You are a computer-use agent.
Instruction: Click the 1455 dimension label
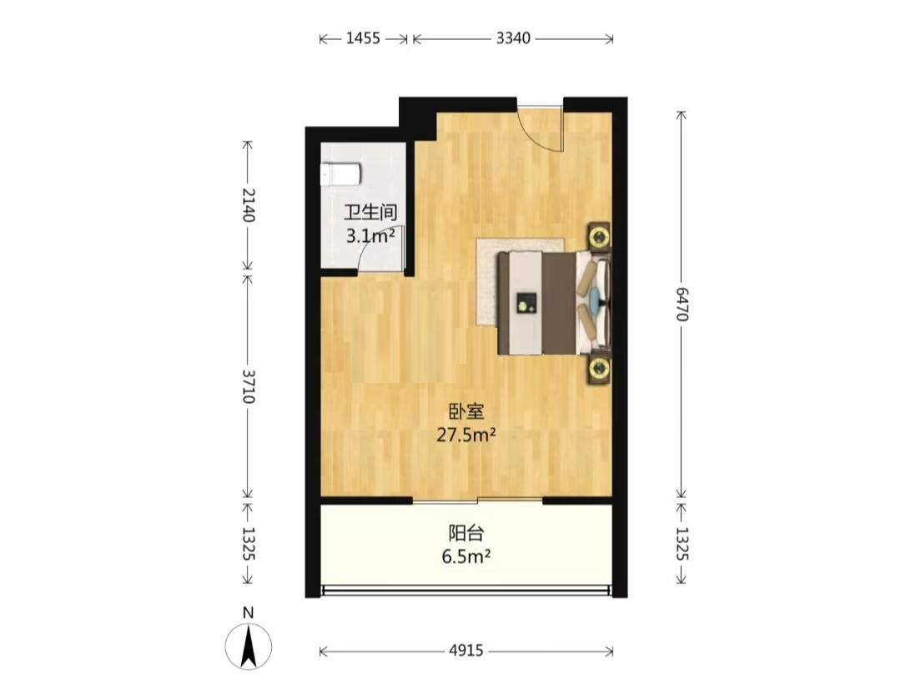(x=363, y=38)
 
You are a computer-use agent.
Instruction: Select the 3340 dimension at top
(x=513, y=38)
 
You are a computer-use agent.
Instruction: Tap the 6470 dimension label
(x=682, y=304)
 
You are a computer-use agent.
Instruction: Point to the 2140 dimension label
(x=249, y=204)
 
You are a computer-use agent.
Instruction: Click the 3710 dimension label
(x=249, y=386)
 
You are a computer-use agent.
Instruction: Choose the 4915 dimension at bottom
(x=466, y=651)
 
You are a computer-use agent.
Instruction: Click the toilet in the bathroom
(x=340, y=174)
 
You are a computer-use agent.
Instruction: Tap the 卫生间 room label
(x=370, y=213)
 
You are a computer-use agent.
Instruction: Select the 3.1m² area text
(x=370, y=235)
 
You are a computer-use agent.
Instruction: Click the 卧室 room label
(x=466, y=411)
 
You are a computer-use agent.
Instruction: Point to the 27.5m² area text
(x=466, y=435)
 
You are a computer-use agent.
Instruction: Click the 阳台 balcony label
(x=466, y=533)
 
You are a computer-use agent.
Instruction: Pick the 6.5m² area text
(x=466, y=557)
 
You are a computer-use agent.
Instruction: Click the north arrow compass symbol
(x=249, y=647)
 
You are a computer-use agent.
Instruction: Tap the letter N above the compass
(x=249, y=612)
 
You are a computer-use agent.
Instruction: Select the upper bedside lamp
(x=599, y=235)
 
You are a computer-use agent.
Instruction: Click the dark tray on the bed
(x=526, y=303)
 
